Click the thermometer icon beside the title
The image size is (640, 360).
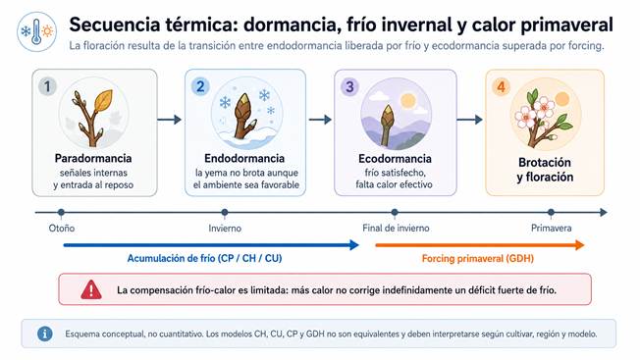coord(36,31)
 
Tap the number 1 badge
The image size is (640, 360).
coord(47,86)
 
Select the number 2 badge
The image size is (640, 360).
coord(200,86)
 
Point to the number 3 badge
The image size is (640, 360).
coord(349,87)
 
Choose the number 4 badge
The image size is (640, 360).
coord(502,87)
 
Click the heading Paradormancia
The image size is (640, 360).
coord(93,158)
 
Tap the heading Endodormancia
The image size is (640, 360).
coord(244,158)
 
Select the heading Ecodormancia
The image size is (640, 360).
coord(395,158)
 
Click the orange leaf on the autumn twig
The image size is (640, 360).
coord(103,101)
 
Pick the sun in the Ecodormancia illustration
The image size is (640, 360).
coord(407,100)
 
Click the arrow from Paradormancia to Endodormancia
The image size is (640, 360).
coord(170,120)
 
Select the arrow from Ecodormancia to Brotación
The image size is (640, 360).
coord(470,120)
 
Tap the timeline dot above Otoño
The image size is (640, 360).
coord(61,212)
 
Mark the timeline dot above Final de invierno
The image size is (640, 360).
coord(395,212)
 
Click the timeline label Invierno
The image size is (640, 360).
coord(225,229)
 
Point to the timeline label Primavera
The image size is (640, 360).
coord(551,229)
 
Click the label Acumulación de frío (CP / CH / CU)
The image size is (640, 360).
coord(204,259)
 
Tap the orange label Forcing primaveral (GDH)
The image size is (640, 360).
coord(478,259)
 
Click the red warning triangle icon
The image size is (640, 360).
coord(91,290)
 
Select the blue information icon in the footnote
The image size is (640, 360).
coord(45,334)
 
